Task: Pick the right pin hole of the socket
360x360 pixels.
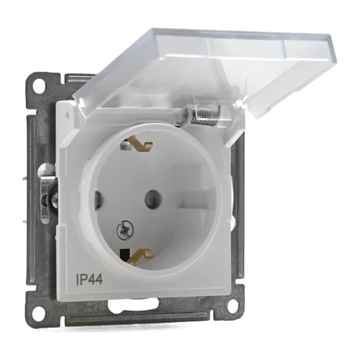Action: click(x=153, y=197)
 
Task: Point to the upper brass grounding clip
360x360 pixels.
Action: click(x=141, y=145)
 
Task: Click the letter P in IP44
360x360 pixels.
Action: click(x=84, y=279)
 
